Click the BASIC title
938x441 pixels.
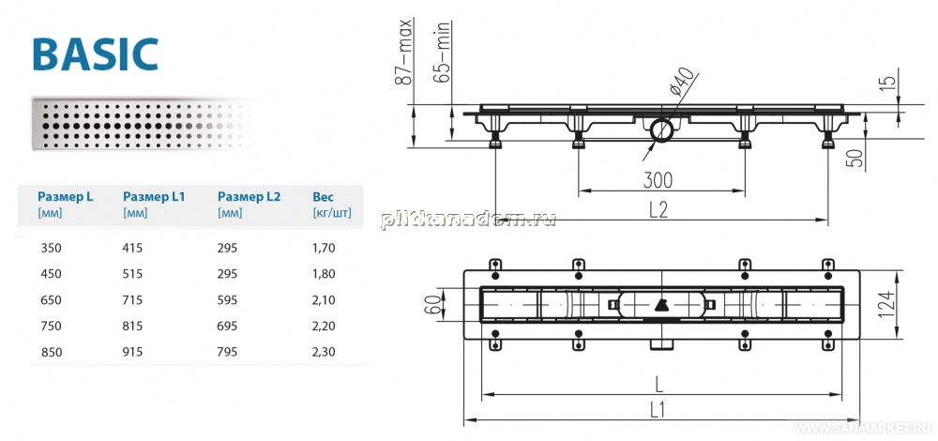click(x=96, y=54)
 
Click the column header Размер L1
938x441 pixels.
click(x=154, y=196)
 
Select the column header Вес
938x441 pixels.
click(x=323, y=196)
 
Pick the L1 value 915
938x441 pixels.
click(x=132, y=352)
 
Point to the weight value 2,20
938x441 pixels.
click(x=324, y=327)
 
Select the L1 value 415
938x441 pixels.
click(x=132, y=247)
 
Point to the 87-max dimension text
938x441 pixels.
click(x=405, y=53)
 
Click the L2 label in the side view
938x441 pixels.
click(x=658, y=209)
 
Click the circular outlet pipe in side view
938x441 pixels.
click(x=661, y=129)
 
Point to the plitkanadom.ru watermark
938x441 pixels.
click(x=468, y=220)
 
